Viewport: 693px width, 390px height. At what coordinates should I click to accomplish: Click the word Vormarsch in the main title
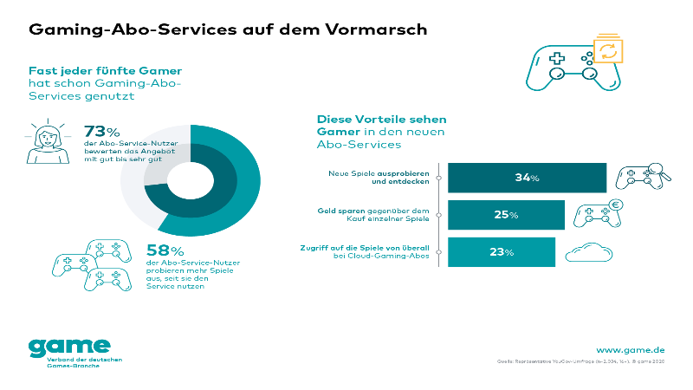(380, 29)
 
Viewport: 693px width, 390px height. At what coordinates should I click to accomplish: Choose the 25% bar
(506, 215)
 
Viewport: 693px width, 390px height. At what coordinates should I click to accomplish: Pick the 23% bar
(502, 252)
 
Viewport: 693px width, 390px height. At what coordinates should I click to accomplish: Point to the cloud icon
(591, 252)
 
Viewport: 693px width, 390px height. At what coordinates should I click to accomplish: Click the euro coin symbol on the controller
(616, 205)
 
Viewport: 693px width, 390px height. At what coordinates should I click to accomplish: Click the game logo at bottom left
(69, 348)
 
